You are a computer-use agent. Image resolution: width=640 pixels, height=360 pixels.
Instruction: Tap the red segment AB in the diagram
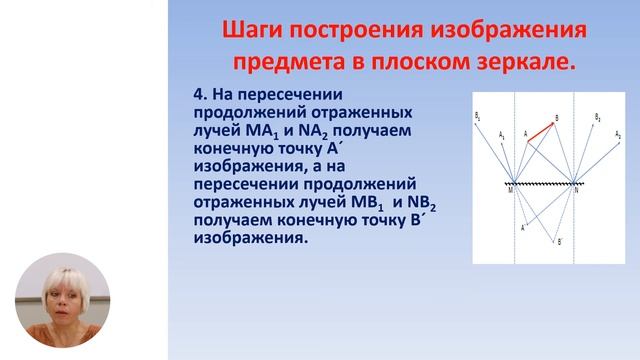coord(542,131)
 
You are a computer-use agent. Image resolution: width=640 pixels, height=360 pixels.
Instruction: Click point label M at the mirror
coord(510,190)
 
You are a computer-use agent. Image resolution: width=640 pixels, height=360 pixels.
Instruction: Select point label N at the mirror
coord(578,190)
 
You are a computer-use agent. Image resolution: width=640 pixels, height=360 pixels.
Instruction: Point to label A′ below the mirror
coord(523,228)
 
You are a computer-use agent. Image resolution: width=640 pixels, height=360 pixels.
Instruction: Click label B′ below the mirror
coord(559,241)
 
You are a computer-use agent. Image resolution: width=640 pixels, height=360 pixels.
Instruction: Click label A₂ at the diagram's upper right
coord(618,133)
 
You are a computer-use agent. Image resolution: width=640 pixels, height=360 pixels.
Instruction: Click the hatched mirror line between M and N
coord(544,184)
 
